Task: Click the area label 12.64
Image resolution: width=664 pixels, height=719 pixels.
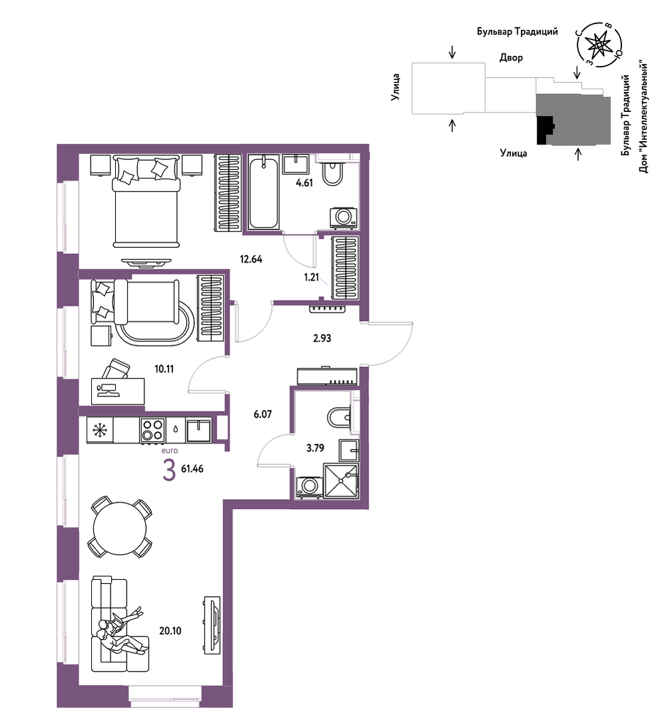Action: [251, 259]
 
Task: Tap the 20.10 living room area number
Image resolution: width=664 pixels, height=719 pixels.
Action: [170, 630]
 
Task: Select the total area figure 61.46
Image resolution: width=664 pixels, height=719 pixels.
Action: [192, 468]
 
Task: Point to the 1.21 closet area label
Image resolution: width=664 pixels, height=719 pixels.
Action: [311, 277]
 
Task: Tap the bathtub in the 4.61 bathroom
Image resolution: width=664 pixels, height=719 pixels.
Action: [264, 192]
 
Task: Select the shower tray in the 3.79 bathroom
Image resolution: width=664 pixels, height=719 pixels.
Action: [340, 480]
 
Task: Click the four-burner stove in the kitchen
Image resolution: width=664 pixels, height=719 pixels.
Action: [153, 430]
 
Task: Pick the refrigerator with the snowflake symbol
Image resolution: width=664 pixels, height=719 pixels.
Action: [100, 430]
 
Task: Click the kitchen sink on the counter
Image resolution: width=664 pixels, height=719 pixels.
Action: [199, 429]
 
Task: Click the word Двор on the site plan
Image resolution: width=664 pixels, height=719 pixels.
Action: [511, 58]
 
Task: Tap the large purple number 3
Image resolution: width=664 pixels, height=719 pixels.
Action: [169, 471]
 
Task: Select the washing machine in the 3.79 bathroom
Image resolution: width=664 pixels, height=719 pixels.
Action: [308, 487]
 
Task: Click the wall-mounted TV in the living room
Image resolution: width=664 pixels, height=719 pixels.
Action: [212, 626]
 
